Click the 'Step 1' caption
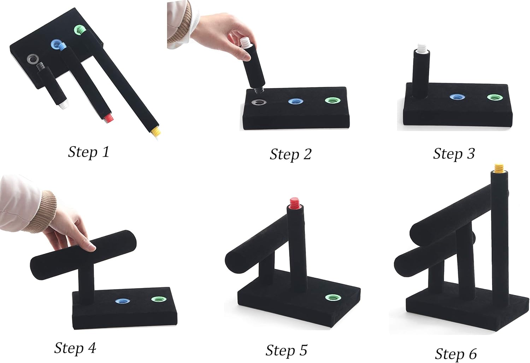coord(89,152)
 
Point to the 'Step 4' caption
coord(75,348)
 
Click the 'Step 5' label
coord(286,350)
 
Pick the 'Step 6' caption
coord(456,354)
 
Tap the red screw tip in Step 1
coord(109,118)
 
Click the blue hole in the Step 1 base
coord(57,44)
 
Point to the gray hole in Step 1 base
coord(33,58)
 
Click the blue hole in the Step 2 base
coord(296,102)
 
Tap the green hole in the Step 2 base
coord(333,100)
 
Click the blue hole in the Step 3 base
coord(457,97)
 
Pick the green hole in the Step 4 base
coord(159,299)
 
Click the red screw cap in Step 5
coord(295,203)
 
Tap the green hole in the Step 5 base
coord(333,298)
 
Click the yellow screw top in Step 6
coord(499,168)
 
